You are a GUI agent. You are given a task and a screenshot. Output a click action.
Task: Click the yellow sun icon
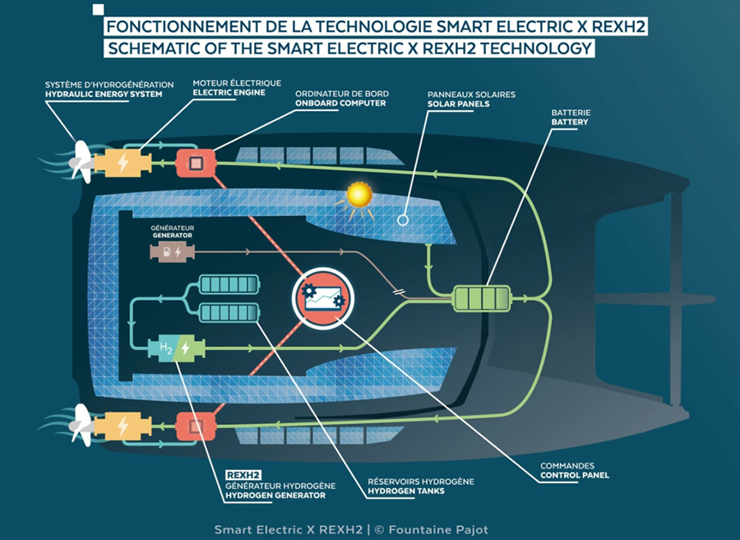(359, 195)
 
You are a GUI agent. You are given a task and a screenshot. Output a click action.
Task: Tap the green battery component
(483, 297)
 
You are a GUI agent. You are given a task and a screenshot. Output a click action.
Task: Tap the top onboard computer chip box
(196, 162)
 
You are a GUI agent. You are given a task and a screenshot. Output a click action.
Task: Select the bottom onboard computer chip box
(196, 427)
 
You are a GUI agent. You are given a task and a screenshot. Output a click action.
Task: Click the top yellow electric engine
(123, 162)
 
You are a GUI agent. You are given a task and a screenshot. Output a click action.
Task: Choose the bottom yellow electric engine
(123, 427)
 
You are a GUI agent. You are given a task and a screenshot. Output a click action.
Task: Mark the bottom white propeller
(81, 424)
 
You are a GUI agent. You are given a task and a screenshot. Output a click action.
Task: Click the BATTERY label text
(571, 122)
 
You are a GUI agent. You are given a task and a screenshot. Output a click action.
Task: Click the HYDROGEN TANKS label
(406, 492)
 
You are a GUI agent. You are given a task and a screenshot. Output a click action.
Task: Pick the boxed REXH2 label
(243, 474)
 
